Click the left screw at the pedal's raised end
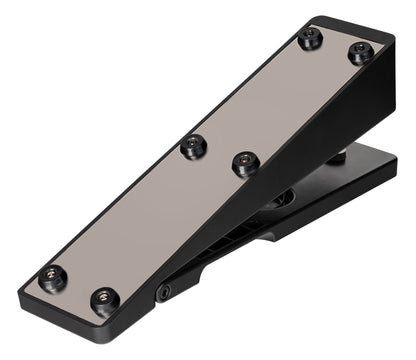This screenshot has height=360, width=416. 310,39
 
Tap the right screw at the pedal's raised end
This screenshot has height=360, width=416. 360,51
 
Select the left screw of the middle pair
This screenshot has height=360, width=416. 193,147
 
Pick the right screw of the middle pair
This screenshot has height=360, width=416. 245,162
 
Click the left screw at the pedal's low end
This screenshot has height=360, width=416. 53,277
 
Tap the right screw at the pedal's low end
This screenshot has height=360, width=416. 104,298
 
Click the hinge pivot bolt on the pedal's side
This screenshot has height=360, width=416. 163,292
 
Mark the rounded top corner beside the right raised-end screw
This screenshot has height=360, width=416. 384,40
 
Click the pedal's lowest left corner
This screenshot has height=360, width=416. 22,301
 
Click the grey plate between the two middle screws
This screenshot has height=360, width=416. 219,155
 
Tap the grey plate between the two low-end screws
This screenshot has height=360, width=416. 78,287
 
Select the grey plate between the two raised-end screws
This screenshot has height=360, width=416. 335,46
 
